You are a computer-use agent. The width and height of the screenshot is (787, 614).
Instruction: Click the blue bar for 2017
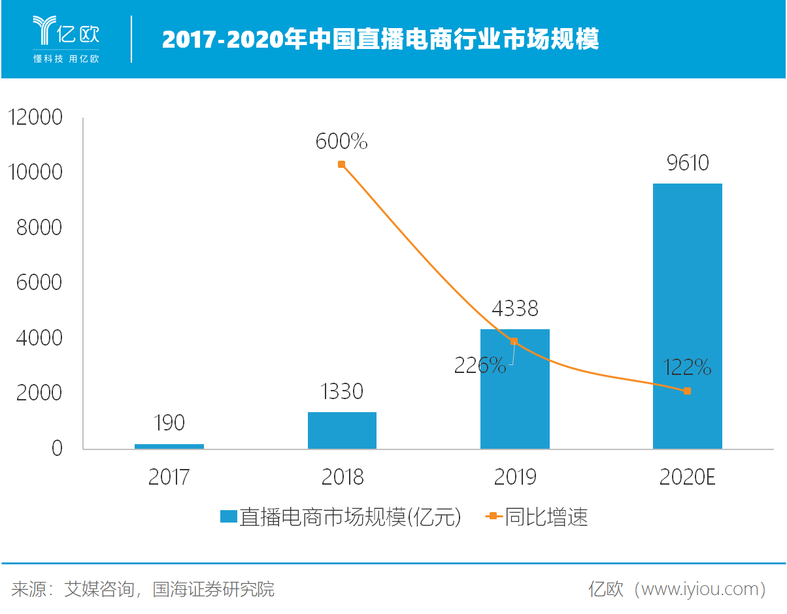(169, 446)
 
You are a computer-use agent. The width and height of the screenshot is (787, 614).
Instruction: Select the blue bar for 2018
(342, 430)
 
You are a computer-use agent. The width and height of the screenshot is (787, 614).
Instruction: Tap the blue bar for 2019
(514, 389)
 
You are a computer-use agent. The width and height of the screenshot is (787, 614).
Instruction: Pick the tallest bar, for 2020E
(687, 316)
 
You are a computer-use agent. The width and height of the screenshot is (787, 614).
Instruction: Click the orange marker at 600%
(341, 165)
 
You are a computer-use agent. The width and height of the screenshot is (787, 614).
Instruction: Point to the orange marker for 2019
(514, 341)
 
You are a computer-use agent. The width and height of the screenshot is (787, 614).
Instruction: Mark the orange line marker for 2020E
(687, 391)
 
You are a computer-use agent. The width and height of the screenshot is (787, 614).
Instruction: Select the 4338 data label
(514, 308)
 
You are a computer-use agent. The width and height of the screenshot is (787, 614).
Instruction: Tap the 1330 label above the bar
(342, 392)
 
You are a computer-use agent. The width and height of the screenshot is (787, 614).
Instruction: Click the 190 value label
(169, 423)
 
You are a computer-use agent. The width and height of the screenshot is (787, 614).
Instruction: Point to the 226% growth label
(480, 366)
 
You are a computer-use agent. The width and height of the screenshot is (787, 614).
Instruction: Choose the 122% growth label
(687, 368)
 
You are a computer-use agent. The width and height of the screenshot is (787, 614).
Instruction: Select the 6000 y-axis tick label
(39, 283)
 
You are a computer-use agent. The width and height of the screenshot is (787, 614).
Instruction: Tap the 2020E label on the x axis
(687, 477)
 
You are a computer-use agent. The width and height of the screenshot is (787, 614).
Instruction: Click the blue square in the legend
(228, 517)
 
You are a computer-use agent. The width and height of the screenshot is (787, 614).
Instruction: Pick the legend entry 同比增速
(546, 517)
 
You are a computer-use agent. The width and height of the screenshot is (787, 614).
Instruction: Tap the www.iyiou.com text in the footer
(695, 589)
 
